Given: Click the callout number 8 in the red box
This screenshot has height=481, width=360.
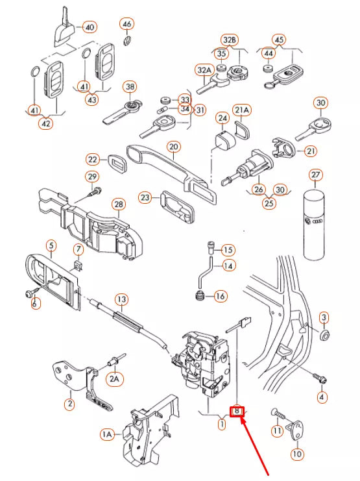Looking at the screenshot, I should [x=238, y=411].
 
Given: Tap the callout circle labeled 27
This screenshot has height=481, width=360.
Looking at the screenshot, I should [x=316, y=175].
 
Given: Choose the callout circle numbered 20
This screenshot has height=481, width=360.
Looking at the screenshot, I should [x=173, y=147].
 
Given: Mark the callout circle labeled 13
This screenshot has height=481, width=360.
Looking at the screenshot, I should [x=121, y=299].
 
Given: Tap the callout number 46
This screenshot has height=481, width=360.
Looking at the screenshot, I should [x=127, y=25].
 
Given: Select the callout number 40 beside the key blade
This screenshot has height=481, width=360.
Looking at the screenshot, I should [x=89, y=27].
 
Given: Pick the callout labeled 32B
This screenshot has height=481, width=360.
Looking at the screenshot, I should [x=229, y=40].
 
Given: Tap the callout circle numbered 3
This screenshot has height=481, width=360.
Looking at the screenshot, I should [x=324, y=318].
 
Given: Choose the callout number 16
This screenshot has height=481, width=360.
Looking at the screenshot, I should [x=220, y=297].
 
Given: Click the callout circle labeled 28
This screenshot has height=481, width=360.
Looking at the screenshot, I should [x=119, y=205].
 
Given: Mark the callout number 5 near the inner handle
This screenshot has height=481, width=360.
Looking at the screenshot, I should [x=51, y=246].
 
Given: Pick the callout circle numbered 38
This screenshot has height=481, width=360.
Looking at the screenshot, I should [x=130, y=86].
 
